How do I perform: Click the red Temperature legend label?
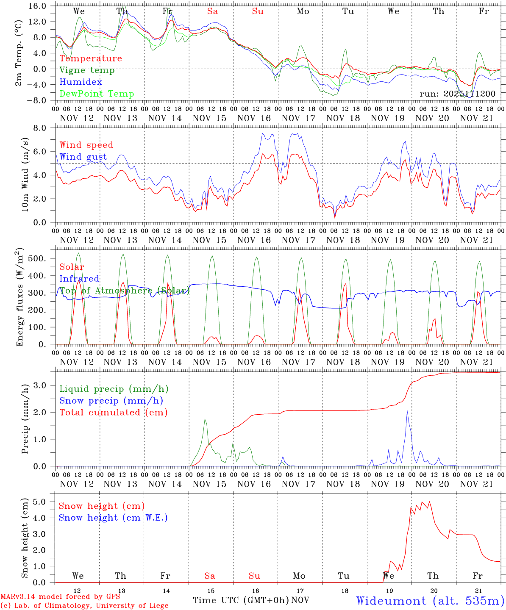pos(90,58)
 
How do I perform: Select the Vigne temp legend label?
pos(87,70)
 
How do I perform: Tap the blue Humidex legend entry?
pos(81,82)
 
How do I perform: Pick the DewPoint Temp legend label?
pos(97,94)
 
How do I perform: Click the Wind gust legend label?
pos(83,157)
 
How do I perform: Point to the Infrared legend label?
pos(79,279)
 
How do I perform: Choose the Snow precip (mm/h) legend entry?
pos(111,401)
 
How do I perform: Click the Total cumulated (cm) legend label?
pos(113,413)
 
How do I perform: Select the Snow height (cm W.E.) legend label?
pos(113,518)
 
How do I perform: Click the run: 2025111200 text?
pos(457,94)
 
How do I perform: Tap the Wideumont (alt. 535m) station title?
pos(430,601)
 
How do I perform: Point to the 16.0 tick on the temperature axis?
pos(38,6)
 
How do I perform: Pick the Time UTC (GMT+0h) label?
pos(241,600)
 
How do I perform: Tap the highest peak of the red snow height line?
pos(429,502)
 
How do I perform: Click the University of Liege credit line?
pos(84,606)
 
